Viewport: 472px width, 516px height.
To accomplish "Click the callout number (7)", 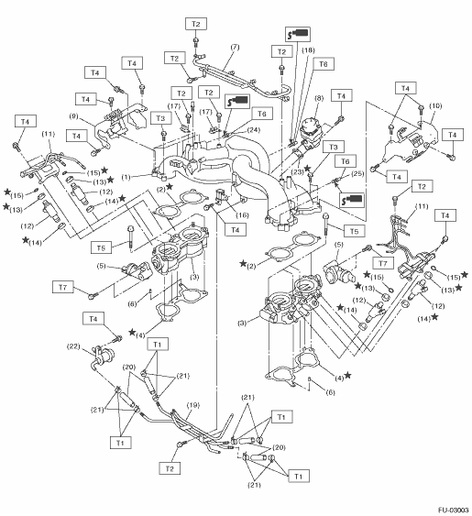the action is tap(235, 47).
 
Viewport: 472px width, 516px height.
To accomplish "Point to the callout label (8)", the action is tap(319, 98).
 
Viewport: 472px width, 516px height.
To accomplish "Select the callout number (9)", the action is tap(74, 115).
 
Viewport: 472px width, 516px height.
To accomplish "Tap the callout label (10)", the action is tap(435, 106).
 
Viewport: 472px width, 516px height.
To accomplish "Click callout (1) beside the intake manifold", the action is tap(126, 177).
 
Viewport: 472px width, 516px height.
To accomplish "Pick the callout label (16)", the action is tap(242, 215).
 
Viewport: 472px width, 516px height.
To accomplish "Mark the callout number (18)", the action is tap(308, 50).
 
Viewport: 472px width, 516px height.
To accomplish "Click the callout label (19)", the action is tap(192, 405).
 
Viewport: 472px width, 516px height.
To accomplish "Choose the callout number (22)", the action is tap(73, 346).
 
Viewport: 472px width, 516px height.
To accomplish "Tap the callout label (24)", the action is tap(254, 129).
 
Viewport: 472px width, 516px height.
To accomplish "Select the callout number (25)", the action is tap(357, 173).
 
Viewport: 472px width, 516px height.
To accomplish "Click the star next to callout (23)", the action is tap(307, 169).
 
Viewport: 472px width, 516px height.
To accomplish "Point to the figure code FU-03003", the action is tap(454, 511).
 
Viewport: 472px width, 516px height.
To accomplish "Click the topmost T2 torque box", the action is tap(196, 24).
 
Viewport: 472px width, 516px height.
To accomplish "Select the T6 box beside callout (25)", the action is tap(345, 161).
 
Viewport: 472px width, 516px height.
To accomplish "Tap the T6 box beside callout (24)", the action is tap(262, 114).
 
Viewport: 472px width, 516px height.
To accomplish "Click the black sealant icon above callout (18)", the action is tap(298, 34).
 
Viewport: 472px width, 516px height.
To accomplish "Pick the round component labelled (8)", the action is tap(310, 130).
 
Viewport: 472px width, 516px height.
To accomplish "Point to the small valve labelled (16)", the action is tap(221, 196).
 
